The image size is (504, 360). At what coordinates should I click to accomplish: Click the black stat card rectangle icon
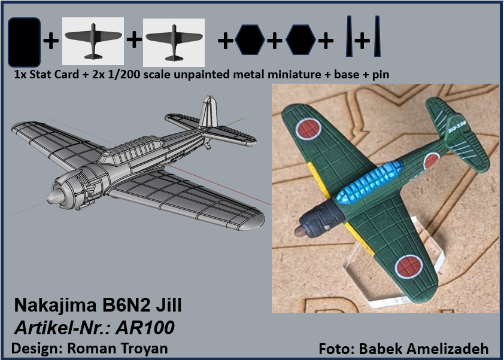click(24, 42)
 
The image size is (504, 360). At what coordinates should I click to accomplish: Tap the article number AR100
click(145, 328)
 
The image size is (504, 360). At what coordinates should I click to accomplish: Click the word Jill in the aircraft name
click(169, 305)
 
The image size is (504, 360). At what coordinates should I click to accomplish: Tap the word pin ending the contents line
click(381, 75)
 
